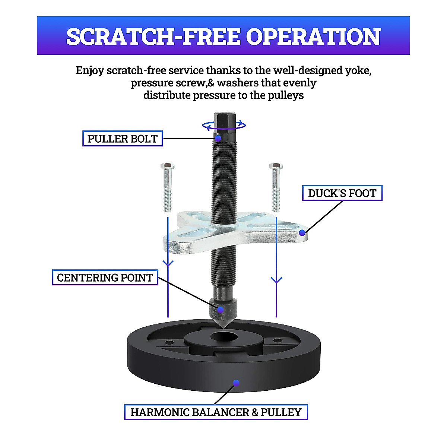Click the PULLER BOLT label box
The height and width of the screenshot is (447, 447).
coord(122,139)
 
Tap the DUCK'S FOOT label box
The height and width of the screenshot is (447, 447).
coord(342,193)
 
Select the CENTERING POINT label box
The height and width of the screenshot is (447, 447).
coord(105,278)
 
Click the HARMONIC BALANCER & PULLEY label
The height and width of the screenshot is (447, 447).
coord(216,412)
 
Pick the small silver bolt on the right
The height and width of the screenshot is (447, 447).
coord(276,186)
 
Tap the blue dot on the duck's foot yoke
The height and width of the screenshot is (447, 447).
coord(302,233)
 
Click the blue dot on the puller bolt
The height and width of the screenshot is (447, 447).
coord(218,139)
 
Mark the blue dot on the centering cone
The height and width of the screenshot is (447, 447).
coord(221,310)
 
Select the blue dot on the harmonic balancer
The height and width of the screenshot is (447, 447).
coord(236,383)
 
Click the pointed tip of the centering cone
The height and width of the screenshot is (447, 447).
coord(223,327)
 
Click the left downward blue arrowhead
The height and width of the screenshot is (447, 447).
coord(168,263)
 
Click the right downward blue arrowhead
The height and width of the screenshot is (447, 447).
coord(276,280)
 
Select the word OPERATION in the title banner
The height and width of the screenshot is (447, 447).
coord(313,37)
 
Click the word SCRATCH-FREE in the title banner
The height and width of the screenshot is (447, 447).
coord(153,37)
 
